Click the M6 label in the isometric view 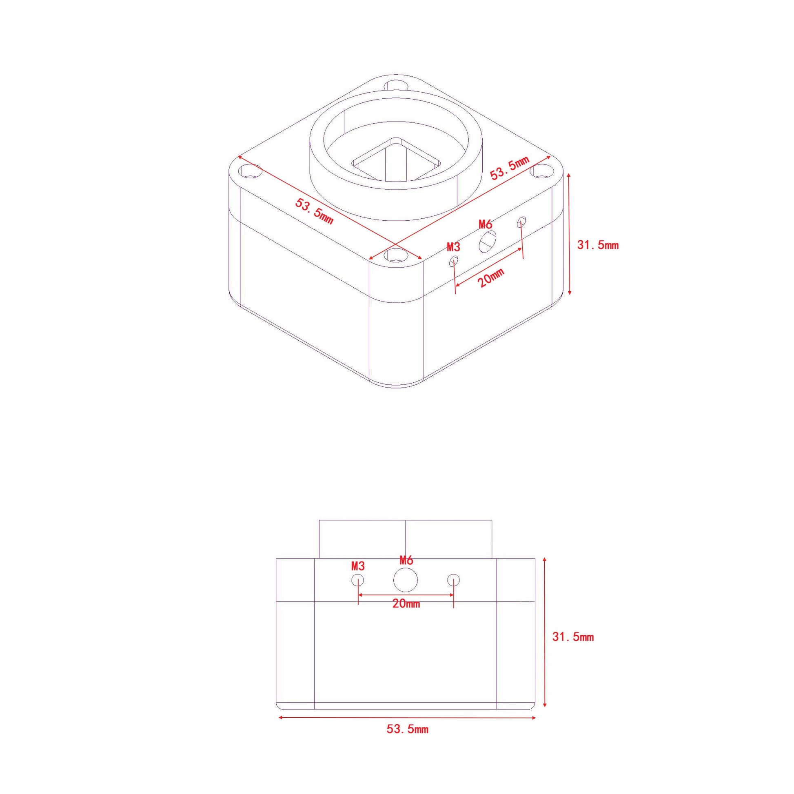tap(486, 224)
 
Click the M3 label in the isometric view tap(453, 247)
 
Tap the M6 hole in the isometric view tap(488, 242)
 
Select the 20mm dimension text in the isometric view tap(491, 278)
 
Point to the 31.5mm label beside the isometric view tap(598, 245)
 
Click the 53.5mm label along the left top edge tap(315, 211)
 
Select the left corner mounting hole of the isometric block tap(251, 171)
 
